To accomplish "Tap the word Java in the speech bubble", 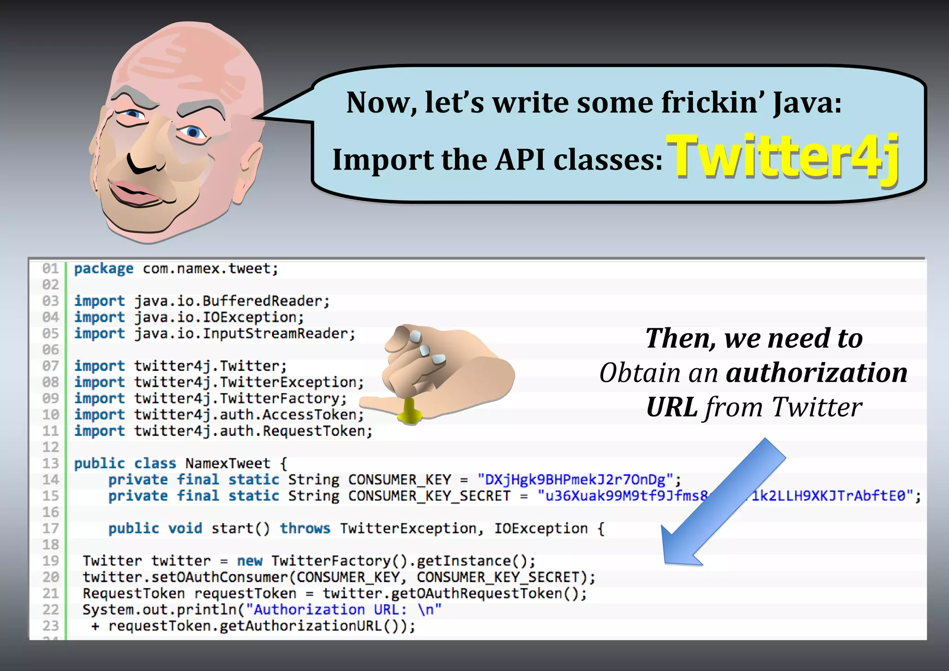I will tap(807, 103).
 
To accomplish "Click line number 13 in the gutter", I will tap(51, 464).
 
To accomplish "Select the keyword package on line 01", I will tap(104, 269).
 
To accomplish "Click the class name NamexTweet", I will tap(228, 464).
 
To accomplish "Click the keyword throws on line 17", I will tap(305, 528).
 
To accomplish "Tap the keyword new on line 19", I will tap(249, 561).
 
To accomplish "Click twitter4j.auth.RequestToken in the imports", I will tap(253, 431).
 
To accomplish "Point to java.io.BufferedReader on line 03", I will tap(231, 301).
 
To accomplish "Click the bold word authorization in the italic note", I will tap(816, 373).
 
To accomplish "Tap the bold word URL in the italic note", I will tap(671, 408).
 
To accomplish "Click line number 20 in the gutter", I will tap(51, 577).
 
